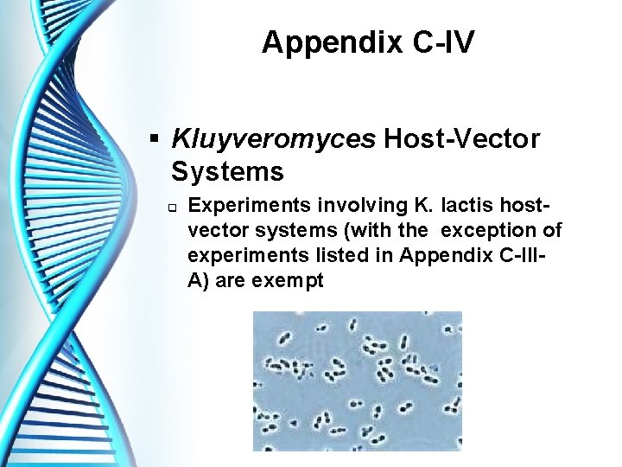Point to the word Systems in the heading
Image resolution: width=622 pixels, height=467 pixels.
pos(227,172)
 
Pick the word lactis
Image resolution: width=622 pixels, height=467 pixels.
pos(467,206)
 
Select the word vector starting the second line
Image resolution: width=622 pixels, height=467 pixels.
pos(215,231)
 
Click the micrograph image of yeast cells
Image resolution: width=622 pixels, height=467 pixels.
pos(357,381)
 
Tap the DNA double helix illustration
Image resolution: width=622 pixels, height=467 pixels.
pos(78,233)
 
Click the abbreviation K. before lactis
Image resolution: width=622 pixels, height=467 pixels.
pos(428,206)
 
